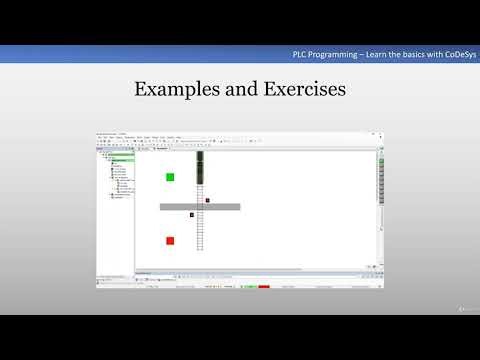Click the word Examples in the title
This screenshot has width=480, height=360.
(173, 89)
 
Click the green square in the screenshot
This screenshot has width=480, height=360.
(170, 177)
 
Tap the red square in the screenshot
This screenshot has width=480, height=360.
(170, 240)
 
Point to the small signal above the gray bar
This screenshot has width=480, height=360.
(208, 200)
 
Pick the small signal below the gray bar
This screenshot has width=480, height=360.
(191, 214)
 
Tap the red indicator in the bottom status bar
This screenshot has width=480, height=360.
(264, 287)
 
